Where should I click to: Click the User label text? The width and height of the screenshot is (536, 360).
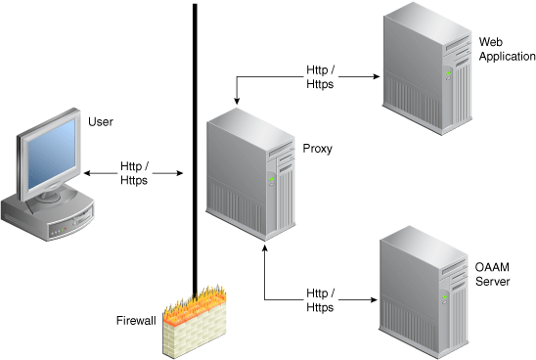pos(101,122)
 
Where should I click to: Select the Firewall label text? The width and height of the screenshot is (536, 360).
pos(136,320)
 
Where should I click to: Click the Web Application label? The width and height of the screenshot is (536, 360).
pos(507,49)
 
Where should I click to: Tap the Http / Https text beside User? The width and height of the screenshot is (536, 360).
pos(134,173)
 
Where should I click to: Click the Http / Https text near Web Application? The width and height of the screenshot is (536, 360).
pos(320,77)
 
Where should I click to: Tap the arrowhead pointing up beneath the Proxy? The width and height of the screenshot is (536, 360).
pos(264,252)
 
